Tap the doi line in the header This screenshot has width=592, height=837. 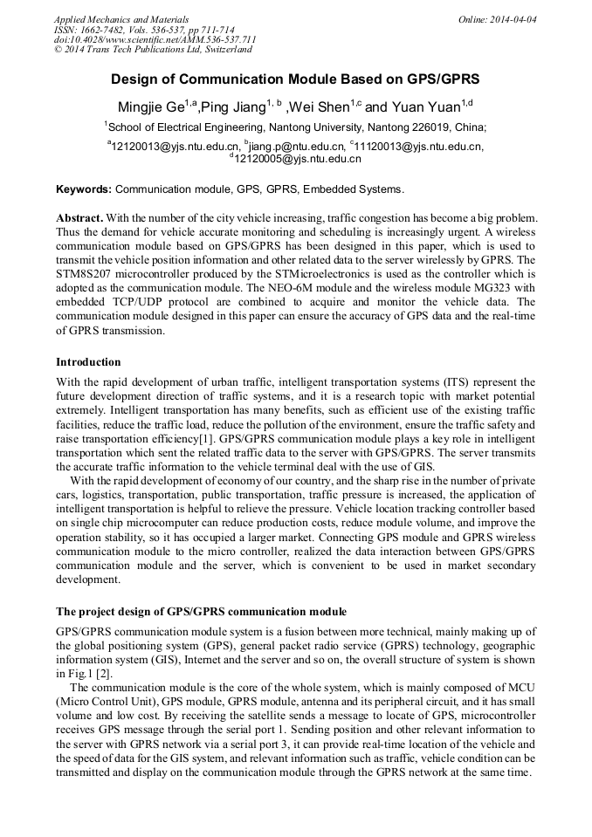(155, 39)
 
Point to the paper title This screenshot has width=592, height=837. (295, 79)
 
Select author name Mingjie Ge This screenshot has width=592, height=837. (152, 107)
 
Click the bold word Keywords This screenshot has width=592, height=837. (84, 189)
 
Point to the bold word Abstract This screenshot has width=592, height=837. (80, 217)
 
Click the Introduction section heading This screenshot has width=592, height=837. (88, 361)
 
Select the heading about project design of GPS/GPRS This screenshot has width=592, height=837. (201, 611)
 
